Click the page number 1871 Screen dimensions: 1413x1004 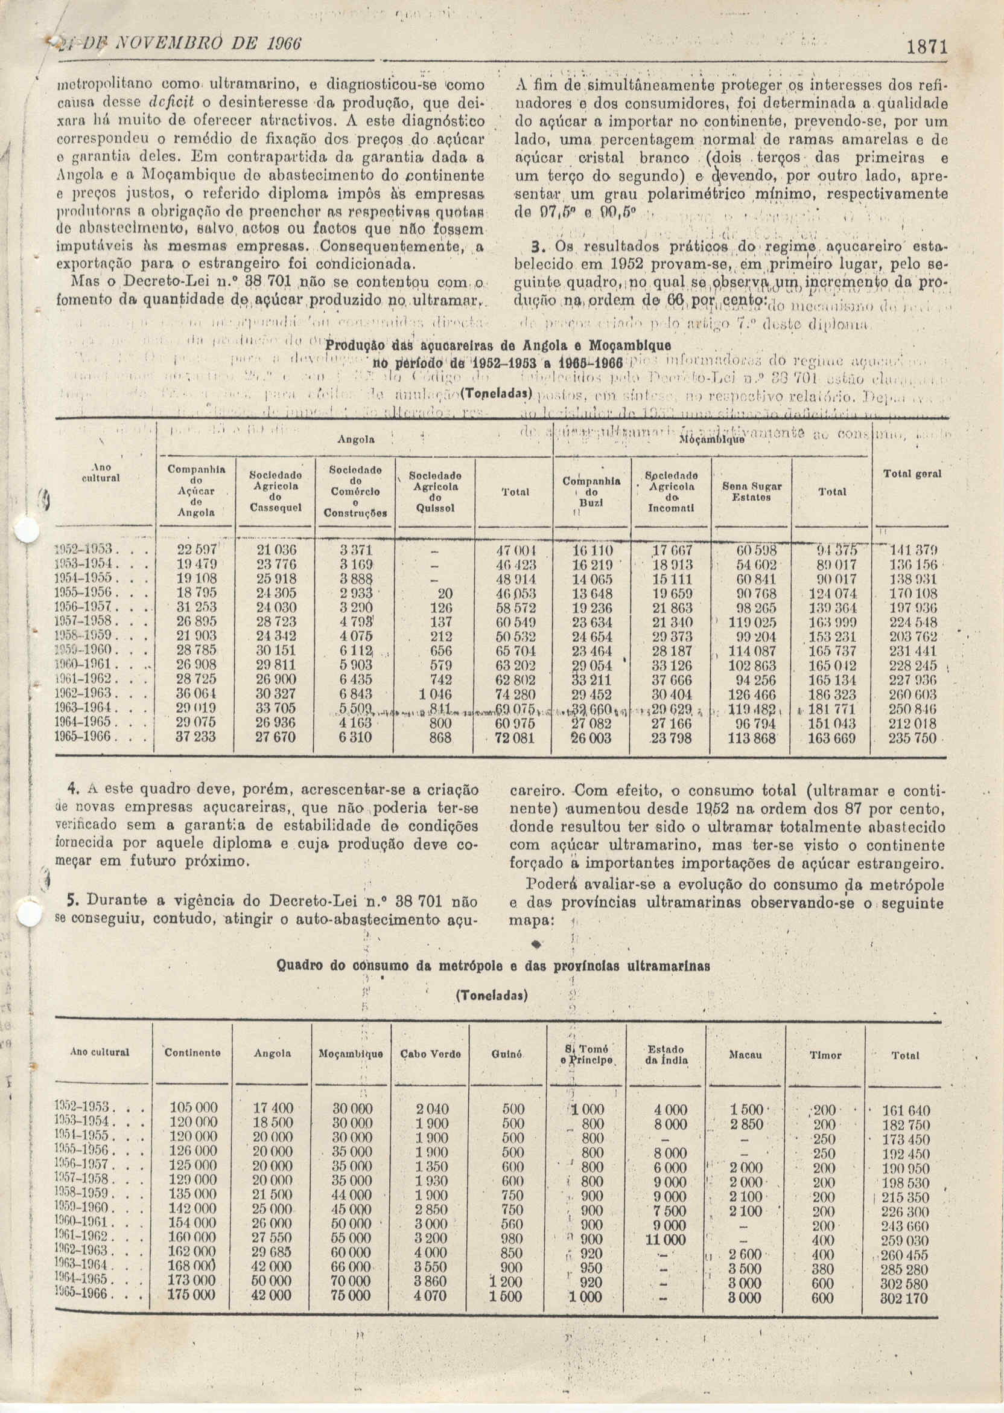pyautogui.click(x=928, y=48)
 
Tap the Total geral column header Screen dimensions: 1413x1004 pyautogui.click(x=912, y=474)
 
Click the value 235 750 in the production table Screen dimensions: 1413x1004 pyautogui.click(x=912, y=737)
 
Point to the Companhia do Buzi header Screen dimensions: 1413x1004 pyautogui.click(x=591, y=493)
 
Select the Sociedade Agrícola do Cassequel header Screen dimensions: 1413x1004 pyautogui.click(x=275, y=491)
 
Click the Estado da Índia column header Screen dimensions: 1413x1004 pyautogui.click(x=666, y=1054)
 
